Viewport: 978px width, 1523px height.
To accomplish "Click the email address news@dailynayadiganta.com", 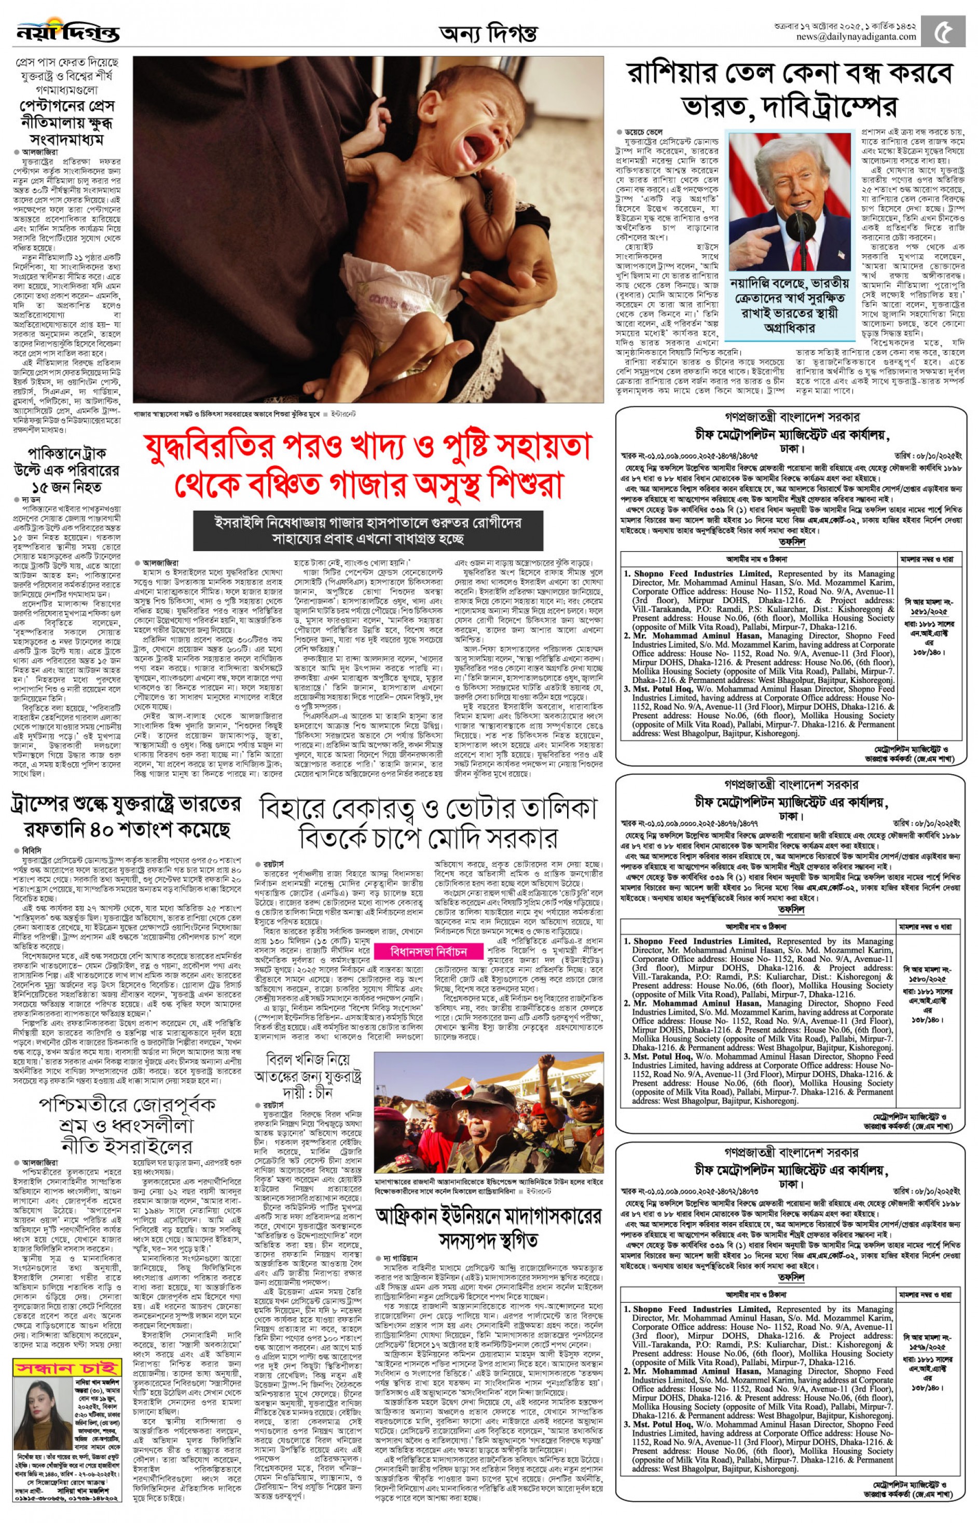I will point(857,37).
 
